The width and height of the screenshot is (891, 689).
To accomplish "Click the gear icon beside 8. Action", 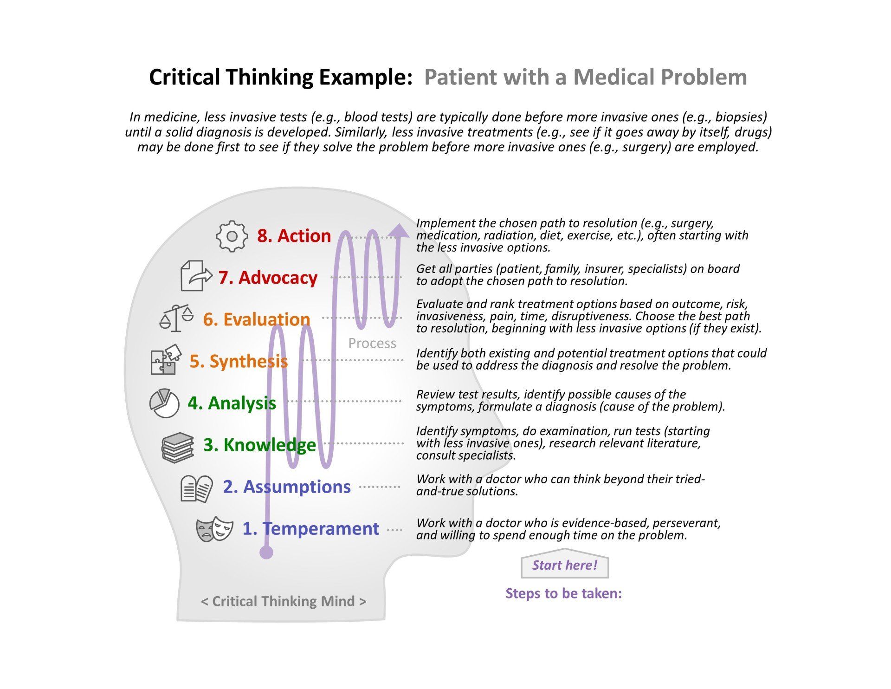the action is (232, 236).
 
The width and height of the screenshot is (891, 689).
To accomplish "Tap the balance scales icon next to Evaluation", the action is (176, 318).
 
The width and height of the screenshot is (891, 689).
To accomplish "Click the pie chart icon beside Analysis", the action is (164, 403).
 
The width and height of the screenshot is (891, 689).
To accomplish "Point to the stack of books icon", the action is (178, 447).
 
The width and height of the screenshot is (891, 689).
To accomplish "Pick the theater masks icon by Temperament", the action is (214, 530).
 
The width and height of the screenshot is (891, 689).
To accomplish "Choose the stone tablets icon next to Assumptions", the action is (197, 488).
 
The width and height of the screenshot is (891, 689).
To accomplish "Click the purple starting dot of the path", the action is (266, 552).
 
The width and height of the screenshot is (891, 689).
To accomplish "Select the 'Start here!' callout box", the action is (565, 564).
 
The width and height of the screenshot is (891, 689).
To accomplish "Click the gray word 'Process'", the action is (372, 343).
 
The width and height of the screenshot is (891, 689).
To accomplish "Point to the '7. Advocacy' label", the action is (268, 277).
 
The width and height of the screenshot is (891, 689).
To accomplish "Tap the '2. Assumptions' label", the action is (287, 487).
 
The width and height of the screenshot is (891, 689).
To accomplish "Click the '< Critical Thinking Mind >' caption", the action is (284, 601).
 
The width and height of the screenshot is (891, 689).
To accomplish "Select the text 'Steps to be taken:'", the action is (563, 593).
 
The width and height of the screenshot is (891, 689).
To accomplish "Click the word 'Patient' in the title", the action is (467, 77).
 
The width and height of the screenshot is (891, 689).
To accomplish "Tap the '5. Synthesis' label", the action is (239, 361).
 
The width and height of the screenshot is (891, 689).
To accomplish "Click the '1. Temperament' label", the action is (311, 529).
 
